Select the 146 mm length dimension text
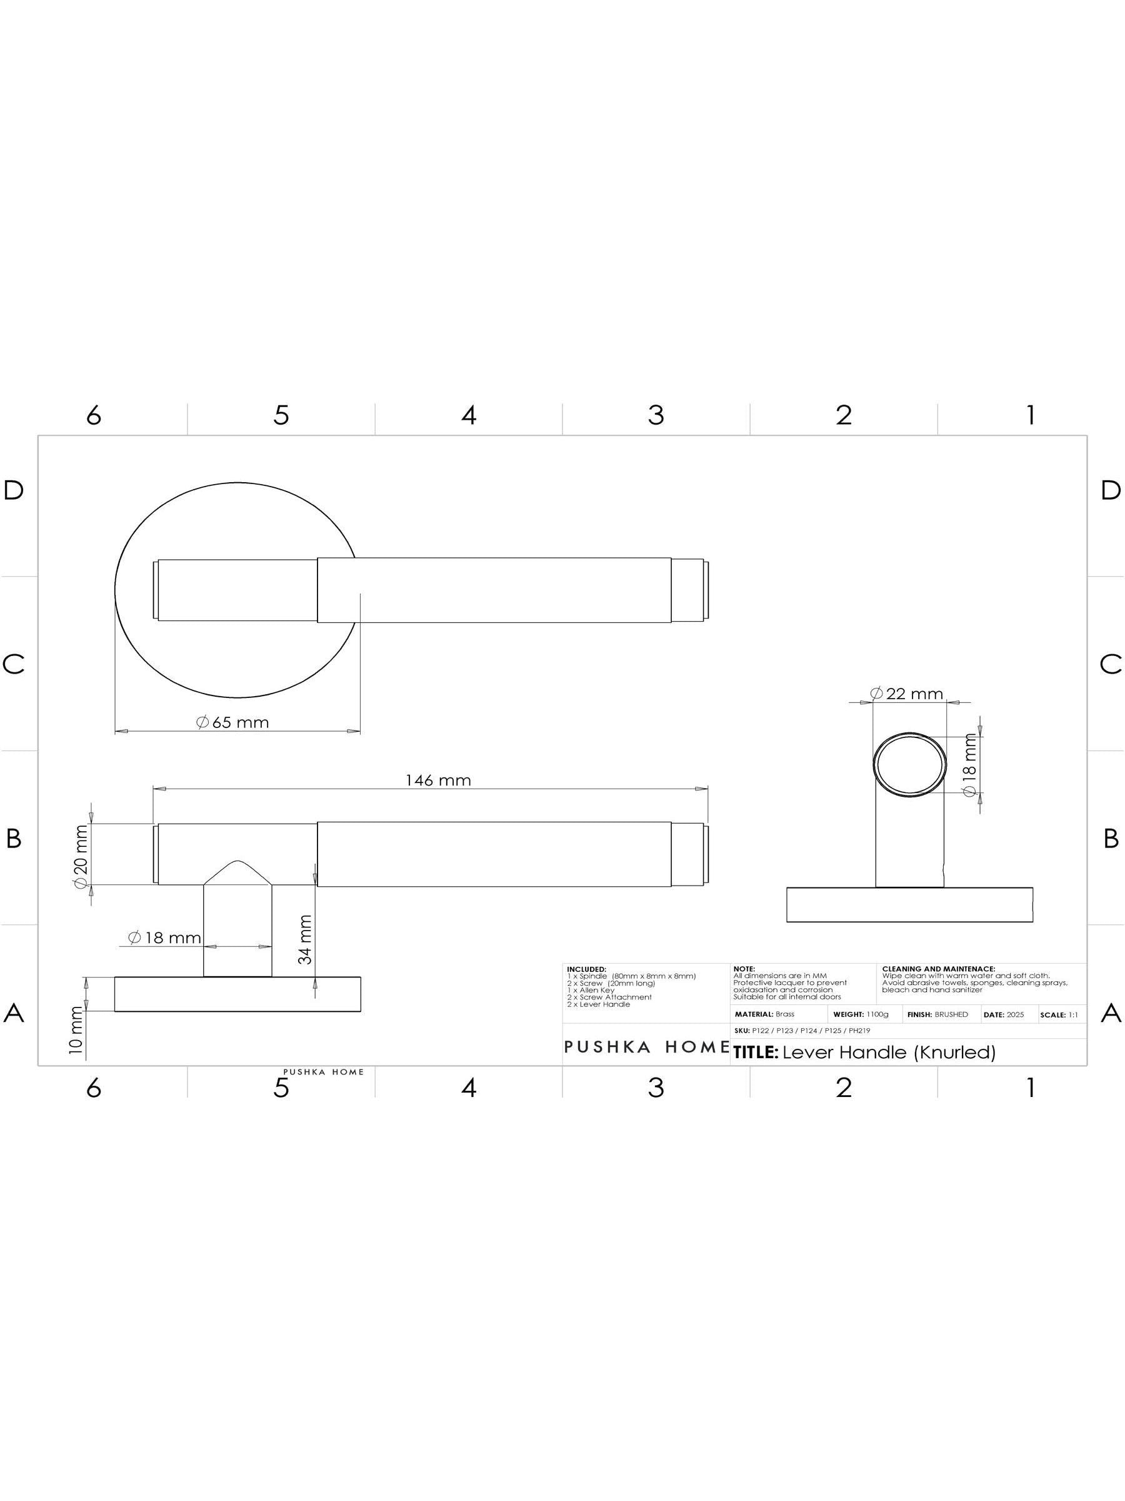[x=438, y=781]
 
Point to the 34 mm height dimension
[x=305, y=940]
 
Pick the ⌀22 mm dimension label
[x=907, y=694]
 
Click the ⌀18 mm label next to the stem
[x=165, y=937]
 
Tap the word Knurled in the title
[x=954, y=1053]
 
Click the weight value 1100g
[x=877, y=1014]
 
